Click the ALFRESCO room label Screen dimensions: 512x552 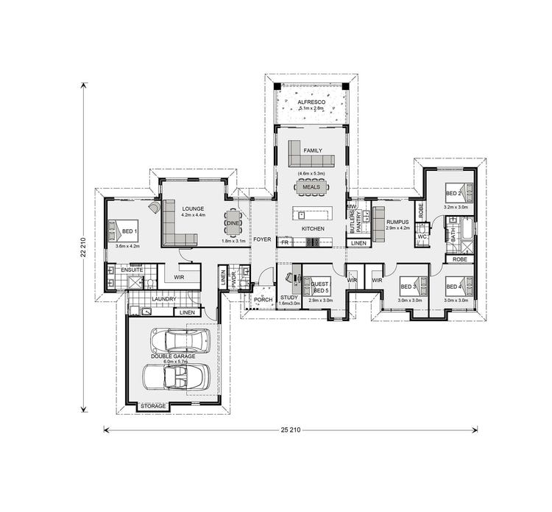pos(311,102)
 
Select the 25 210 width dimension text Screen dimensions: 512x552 pos(291,429)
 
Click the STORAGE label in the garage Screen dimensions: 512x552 pos(153,406)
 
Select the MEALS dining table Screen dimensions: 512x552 pos(311,187)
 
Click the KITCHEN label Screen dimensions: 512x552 pos(313,229)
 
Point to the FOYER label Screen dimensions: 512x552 pos(262,239)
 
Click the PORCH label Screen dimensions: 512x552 pos(263,300)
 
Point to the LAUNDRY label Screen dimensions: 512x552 pos(163,299)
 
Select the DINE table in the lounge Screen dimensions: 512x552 pos(233,223)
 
